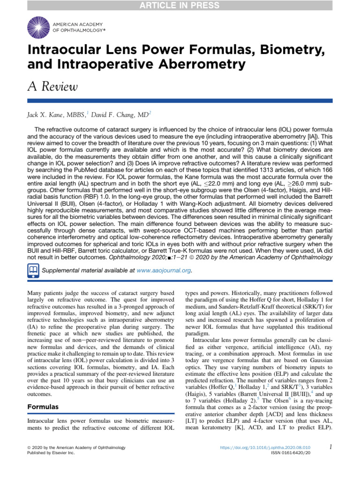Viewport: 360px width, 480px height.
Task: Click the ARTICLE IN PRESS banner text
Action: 180,6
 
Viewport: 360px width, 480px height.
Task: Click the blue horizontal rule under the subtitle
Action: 180,101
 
